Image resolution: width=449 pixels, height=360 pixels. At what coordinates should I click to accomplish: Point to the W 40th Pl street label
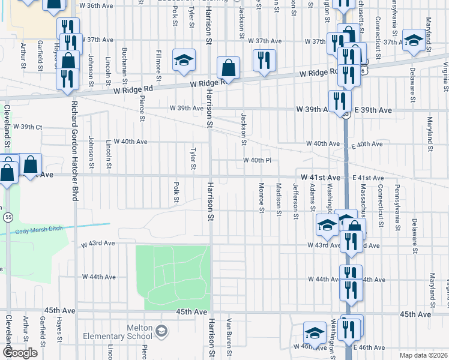coord(258,160)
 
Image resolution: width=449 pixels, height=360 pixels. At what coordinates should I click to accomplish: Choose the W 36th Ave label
coord(96,5)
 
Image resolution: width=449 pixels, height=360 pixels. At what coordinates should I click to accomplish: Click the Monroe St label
coord(262,197)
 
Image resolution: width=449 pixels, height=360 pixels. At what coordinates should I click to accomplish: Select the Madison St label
coord(279,196)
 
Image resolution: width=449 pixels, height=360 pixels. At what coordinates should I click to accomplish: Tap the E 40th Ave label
coord(367,144)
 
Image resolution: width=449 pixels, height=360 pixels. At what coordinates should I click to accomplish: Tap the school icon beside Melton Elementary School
coord(161,331)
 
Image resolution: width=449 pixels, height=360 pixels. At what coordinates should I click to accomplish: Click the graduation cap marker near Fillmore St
coord(184,60)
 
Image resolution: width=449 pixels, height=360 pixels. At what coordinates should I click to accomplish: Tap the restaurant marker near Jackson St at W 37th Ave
coord(264,60)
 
